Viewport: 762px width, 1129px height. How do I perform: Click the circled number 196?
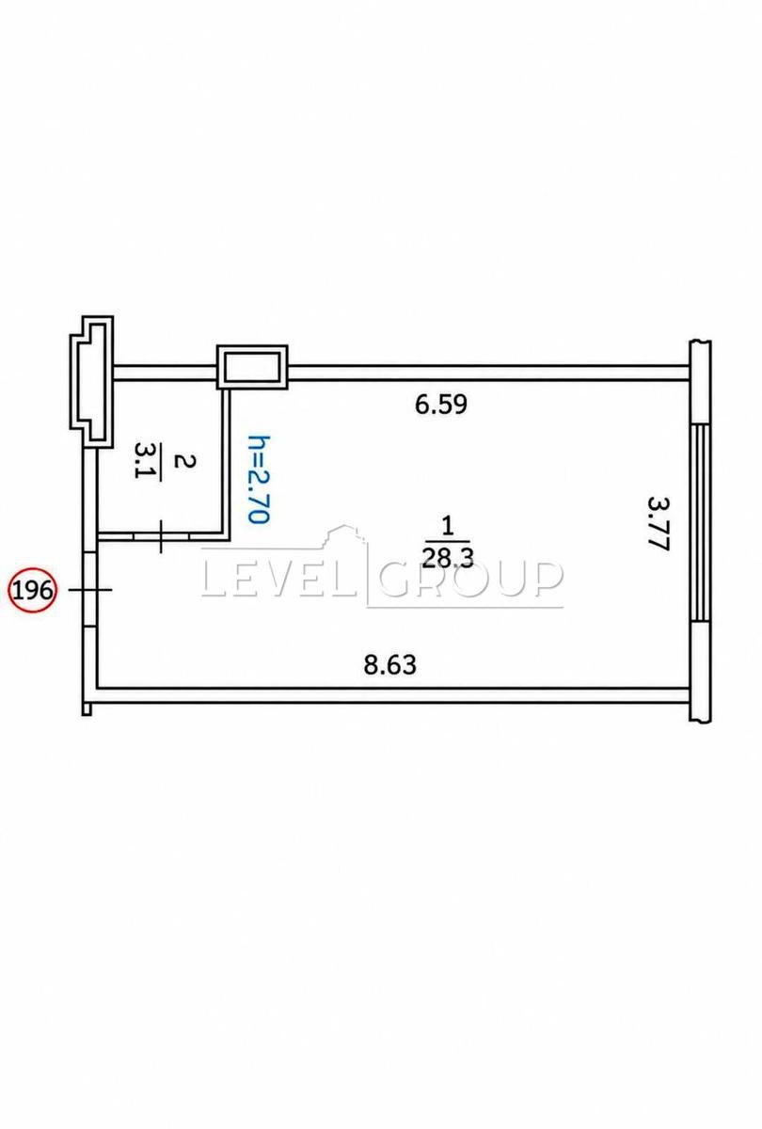tap(33, 589)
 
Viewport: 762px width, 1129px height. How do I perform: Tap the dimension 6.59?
tap(441, 405)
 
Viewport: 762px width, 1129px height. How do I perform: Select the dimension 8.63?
tap(390, 665)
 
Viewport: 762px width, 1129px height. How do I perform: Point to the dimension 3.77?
tap(658, 525)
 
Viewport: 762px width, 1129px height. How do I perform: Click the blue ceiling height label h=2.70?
tap(260, 479)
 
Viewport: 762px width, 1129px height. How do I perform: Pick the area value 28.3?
tap(448, 559)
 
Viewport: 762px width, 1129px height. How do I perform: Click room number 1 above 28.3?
tap(448, 527)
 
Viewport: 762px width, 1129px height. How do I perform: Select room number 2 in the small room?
tap(183, 461)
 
